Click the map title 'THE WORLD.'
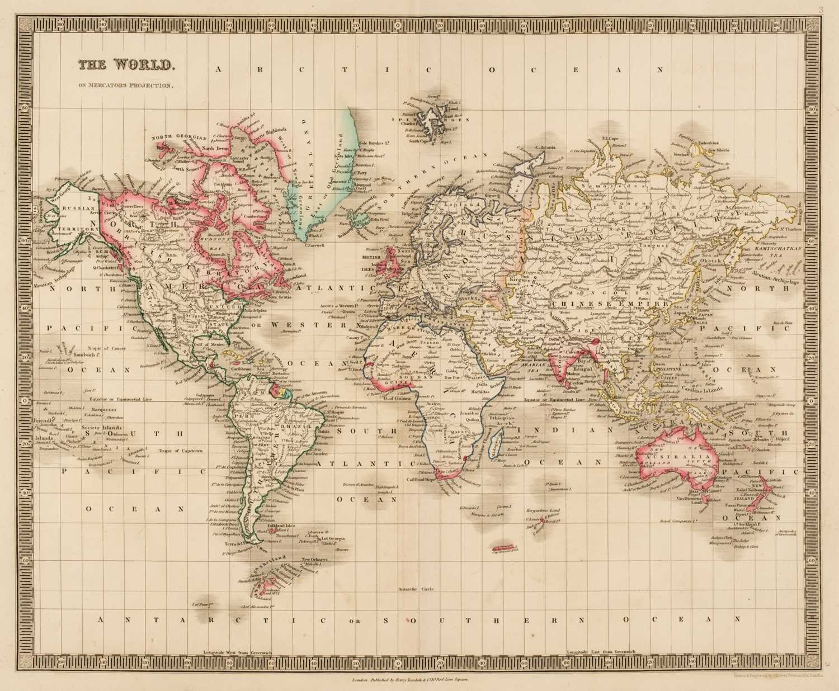tap(126, 65)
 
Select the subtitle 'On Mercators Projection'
tap(126, 86)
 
